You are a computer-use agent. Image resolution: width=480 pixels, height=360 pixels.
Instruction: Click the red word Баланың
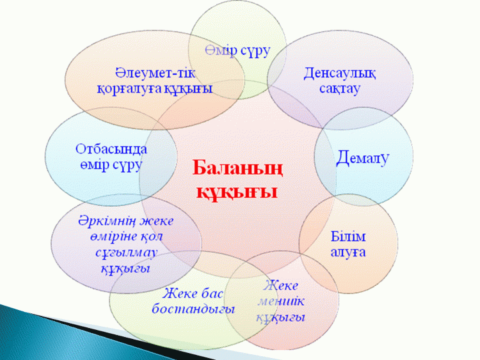click(237, 168)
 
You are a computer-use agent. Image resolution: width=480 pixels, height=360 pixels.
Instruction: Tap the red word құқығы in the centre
click(237, 192)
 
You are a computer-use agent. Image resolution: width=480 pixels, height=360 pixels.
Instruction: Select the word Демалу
click(362, 158)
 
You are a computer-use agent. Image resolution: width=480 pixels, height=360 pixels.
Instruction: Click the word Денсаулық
click(339, 74)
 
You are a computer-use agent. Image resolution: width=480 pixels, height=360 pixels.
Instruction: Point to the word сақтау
click(339, 88)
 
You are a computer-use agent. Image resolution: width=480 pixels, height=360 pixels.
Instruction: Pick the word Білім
click(348, 237)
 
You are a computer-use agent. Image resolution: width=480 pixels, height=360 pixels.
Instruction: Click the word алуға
click(348, 253)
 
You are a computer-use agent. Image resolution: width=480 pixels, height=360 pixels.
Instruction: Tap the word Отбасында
click(111, 149)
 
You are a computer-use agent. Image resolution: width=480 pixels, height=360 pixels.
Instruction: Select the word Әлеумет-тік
click(156, 73)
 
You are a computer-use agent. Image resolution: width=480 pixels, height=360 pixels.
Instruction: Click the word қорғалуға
click(129, 89)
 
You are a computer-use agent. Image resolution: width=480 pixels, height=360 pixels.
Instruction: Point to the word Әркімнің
click(106, 221)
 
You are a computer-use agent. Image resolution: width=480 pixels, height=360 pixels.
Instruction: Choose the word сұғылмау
click(127, 253)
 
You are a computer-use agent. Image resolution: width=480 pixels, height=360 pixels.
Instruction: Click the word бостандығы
click(193, 309)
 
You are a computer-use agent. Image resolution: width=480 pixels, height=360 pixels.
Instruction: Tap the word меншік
click(281, 301)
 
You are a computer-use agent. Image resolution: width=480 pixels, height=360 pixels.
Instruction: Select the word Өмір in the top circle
click(220, 51)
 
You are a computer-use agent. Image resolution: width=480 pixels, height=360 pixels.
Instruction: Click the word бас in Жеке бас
click(211, 293)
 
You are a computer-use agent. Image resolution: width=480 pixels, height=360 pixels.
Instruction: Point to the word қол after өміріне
click(152, 237)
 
